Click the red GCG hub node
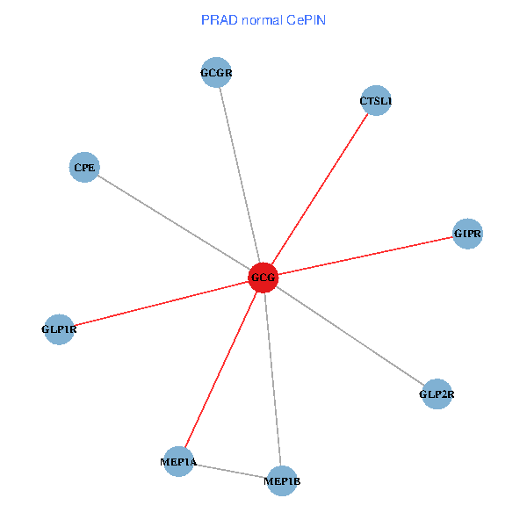(263, 278)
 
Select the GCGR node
(216, 72)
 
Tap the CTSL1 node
(376, 100)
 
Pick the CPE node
(84, 167)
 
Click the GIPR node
(467, 234)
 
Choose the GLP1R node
(59, 329)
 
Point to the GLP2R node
(437, 393)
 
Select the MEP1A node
(178, 461)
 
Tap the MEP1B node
(282, 480)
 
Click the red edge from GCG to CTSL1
(320, 189)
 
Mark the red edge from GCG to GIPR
(365, 256)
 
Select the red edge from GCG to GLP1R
(162, 303)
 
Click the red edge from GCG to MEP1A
(221, 369)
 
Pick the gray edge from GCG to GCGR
(240, 175)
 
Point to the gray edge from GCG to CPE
(174, 222)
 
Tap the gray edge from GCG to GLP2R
(350, 336)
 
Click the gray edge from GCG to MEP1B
(272, 379)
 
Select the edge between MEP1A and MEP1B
(230, 471)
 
